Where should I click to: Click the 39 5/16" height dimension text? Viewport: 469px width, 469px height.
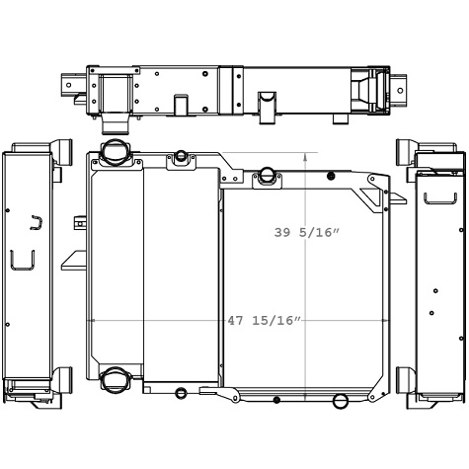(x=306, y=233)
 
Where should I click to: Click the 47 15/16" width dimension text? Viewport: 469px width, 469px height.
(x=264, y=321)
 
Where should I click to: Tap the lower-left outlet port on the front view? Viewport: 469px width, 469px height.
(x=115, y=380)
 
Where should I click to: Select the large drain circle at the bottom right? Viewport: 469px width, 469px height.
(x=341, y=401)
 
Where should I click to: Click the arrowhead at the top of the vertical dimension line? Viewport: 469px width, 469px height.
(x=305, y=156)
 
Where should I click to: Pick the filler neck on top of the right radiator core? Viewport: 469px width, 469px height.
(x=266, y=177)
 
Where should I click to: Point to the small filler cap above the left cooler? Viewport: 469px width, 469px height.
(x=181, y=157)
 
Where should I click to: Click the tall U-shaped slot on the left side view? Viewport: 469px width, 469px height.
(x=22, y=261)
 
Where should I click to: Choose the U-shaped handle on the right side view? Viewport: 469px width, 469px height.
(x=439, y=198)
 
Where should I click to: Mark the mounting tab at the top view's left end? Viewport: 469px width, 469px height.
(x=74, y=85)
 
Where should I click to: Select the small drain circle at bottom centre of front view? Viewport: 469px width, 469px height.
(x=181, y=393)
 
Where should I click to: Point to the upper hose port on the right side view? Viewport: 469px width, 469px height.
(x=405, y=150)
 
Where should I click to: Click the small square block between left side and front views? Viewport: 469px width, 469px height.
(x=79, y=224)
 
